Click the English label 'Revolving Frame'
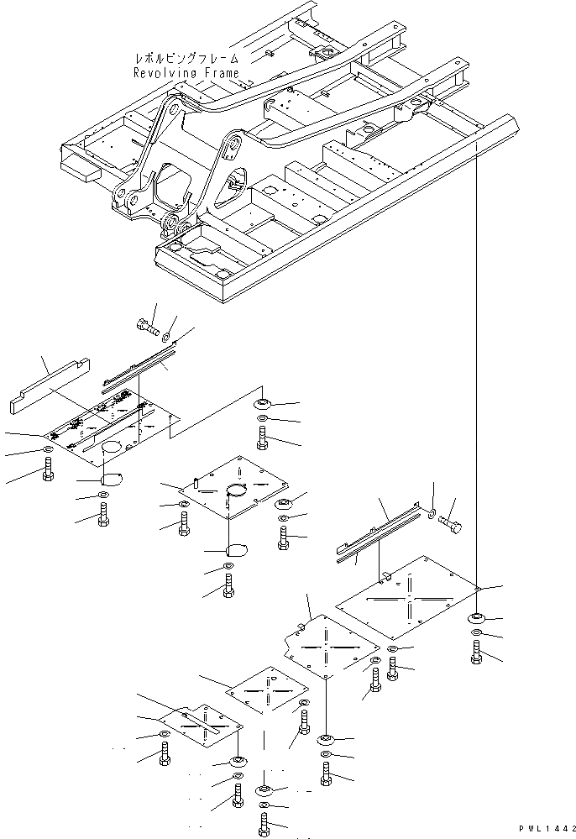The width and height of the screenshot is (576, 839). coord(186,73)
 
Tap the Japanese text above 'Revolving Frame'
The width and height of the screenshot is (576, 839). coord(186,60)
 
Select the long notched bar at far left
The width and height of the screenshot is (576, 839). coord(50,384)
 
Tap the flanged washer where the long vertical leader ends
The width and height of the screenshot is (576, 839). coord(476,619)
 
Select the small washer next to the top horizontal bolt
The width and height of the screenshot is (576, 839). coord(170,337)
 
